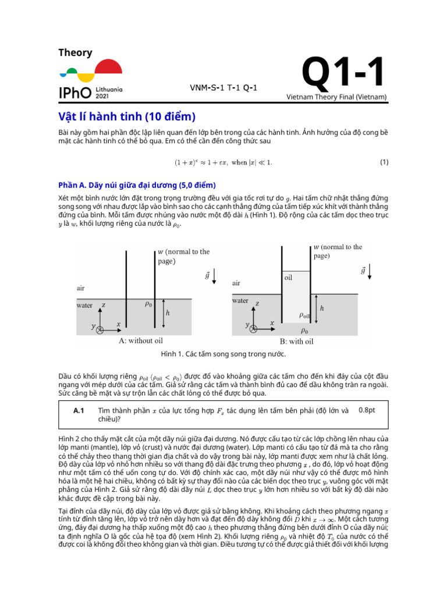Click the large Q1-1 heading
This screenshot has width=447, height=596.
point(343,74)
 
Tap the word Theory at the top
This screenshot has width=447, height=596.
point(75,53)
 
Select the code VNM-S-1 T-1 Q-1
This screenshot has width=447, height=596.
point(223,88)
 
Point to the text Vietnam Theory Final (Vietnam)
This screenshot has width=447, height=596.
point(336,97)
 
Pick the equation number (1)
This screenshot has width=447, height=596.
point(384,162)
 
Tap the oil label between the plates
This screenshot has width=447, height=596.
point(288,278)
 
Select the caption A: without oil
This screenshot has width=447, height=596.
point(140,340)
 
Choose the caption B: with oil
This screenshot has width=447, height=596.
point(296,342)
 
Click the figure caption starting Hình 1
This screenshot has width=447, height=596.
point(223,353)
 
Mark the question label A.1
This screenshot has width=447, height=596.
point(80,410)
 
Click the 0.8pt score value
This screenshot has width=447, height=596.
point(367,410)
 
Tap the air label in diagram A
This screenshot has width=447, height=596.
point(80,288)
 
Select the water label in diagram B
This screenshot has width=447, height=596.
point(240,301)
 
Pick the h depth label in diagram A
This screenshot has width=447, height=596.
point(168,313)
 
